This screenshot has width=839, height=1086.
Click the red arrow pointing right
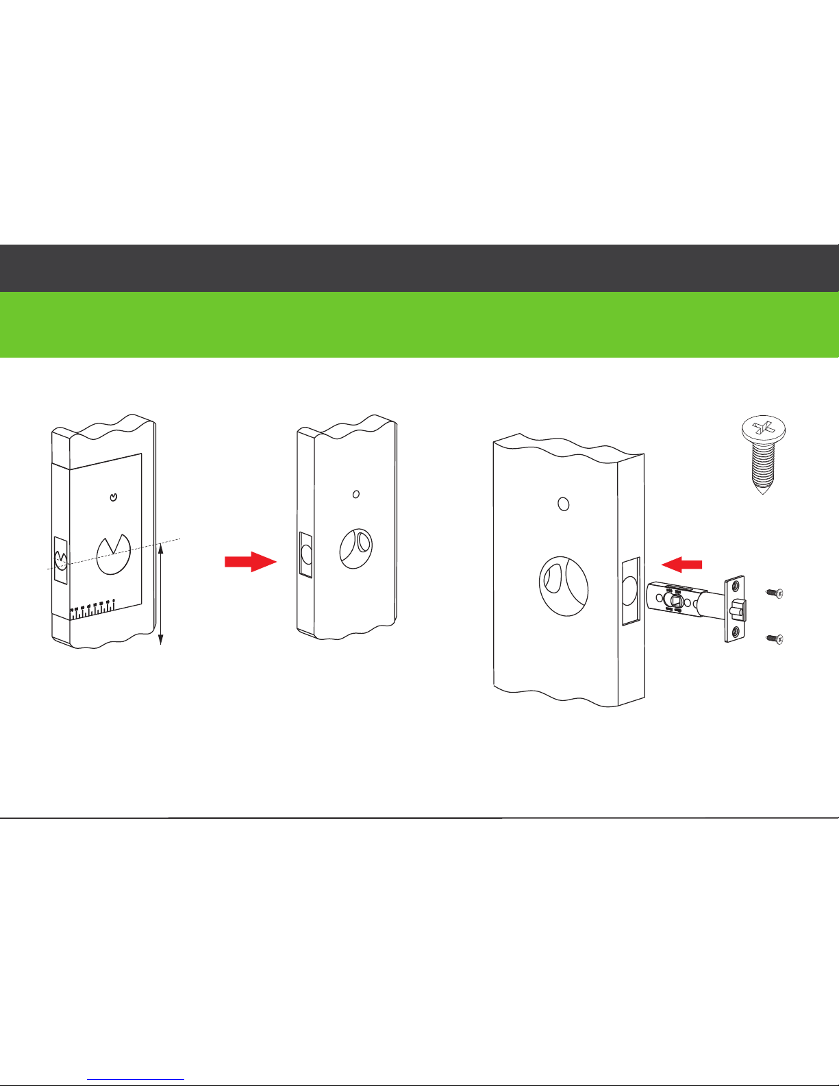[x=250, y=562]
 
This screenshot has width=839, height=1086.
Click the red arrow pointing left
[x=682, y=564]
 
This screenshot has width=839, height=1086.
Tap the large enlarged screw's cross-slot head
[x=763, y=430]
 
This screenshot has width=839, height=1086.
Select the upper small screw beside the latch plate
[x=775, y=593]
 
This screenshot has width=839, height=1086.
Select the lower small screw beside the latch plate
[x=775, y=639]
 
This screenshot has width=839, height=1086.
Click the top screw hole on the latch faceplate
[x=736, y=587]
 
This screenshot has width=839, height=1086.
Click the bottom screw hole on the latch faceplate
[x=736, y=632]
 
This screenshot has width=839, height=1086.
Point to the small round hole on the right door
[x=563, y=504]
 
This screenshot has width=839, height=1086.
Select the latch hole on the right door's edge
[x=629, y=590]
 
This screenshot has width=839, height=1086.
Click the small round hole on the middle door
[x=355, y=494]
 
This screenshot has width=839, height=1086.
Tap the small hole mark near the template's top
[x=114, y=497]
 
